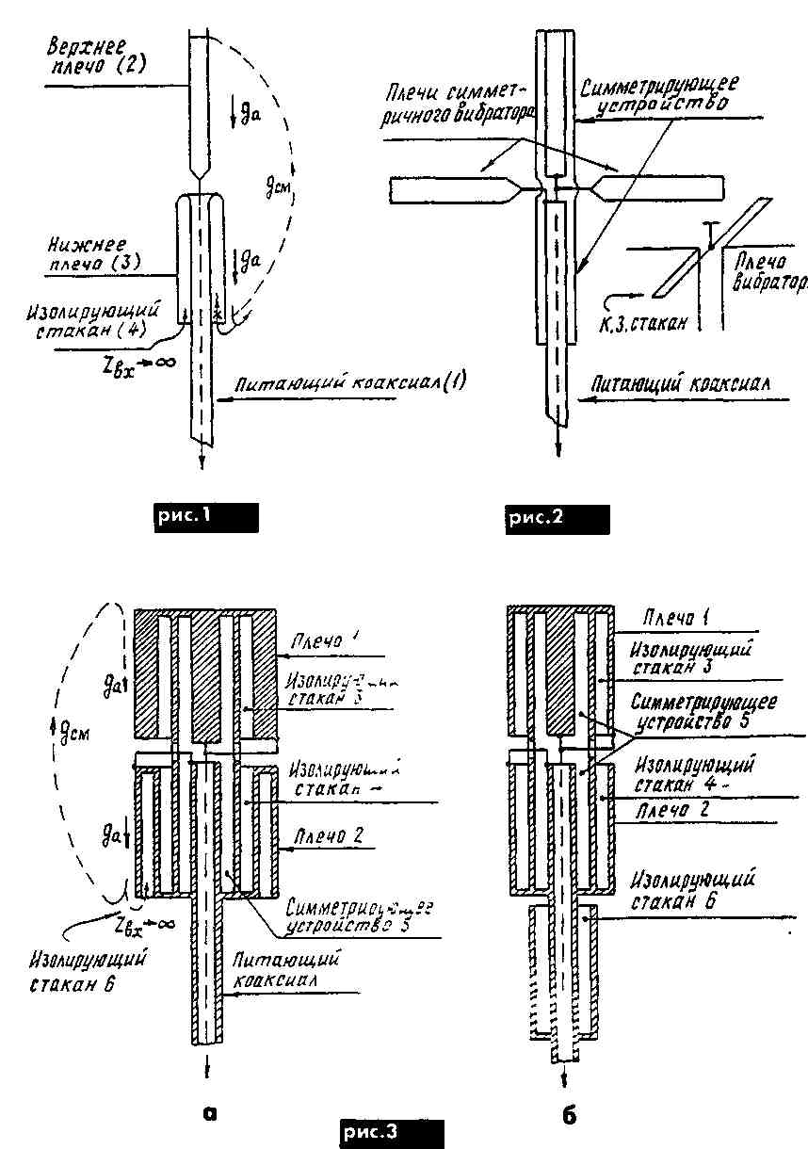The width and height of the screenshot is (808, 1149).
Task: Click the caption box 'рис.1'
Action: (x=205, y=517)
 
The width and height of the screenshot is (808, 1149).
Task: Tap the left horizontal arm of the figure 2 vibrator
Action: (x=452, y=191)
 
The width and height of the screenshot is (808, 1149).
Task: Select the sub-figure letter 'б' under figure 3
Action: (x=568, y=1115)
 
